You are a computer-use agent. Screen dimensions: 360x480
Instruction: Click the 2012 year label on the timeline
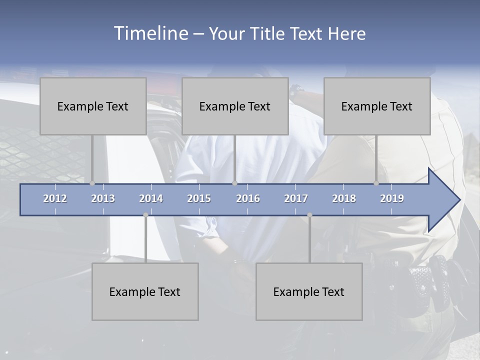pos(55,198)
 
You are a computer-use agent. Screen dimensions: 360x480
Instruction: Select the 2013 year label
pos(103,198)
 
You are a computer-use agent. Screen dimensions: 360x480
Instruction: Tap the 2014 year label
pos(151,198)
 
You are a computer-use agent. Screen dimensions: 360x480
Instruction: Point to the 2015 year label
pos(199,198)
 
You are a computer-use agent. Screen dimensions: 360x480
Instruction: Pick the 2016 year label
pos(248,198)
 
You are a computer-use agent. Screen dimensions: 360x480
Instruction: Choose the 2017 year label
pos(296,198)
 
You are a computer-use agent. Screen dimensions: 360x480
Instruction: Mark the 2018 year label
pos(344,198)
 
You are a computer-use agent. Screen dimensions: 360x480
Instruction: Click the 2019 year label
pos(392,198)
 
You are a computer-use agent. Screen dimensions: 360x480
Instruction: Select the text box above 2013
pos(93,106)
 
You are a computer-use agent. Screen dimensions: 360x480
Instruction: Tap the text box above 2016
pos(235,106)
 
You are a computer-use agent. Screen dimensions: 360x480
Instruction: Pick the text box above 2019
pos(377,106)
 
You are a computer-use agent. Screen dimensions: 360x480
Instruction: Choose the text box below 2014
pos(145,291)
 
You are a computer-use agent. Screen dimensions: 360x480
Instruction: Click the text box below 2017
pos(309,291)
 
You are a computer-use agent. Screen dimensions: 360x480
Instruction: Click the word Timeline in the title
pos(150,33)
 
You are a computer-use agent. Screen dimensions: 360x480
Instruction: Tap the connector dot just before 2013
pos(92,183)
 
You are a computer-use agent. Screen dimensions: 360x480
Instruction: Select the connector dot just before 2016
pos(234,183)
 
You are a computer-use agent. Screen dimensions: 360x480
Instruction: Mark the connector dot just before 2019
pos(376,183)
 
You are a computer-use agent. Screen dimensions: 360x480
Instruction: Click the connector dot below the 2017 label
pos(309,215)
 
